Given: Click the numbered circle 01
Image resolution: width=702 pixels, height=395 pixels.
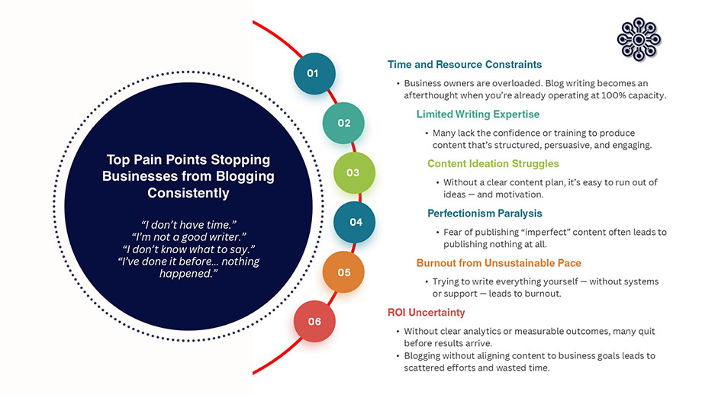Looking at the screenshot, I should (x=312, y=73).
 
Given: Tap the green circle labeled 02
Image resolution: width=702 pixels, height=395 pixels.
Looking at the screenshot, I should (x=343, y=123).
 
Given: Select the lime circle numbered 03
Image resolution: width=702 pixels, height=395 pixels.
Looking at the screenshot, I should (x=353, y=172).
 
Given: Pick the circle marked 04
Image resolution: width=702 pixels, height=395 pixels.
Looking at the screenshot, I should (x=355, y=222).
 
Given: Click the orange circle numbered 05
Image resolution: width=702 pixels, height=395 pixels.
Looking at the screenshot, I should (x=343, y=271).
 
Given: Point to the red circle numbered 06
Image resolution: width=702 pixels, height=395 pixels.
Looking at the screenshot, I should (x=314, y=321).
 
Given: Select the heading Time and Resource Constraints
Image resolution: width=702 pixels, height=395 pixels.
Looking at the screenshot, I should (x=464, y=65).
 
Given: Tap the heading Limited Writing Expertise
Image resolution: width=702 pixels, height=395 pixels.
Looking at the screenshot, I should (x=478, y=114).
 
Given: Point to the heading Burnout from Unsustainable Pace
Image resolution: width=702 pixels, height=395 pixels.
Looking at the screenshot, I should (x=498, y=263).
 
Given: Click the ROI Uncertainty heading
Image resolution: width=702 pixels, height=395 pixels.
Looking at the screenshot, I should (x=426, y=313).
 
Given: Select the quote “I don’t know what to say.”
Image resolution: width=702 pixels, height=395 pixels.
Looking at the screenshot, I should (x=189, y=249).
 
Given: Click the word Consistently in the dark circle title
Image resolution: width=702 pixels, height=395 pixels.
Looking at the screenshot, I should (x=188, y=194).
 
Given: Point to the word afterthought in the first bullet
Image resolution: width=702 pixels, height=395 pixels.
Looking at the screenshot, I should (x=433, y=95).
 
